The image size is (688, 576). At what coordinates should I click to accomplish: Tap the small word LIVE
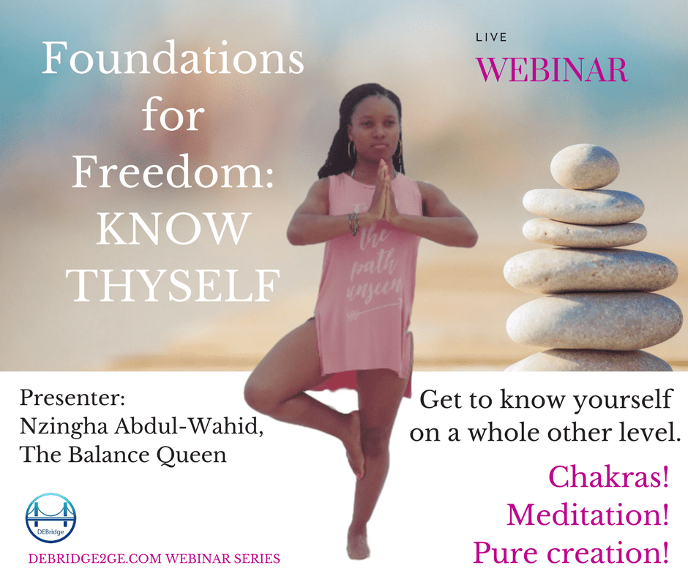pyautogui.click(x=491, y=37)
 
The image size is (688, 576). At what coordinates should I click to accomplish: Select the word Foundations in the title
pyautogui.click(x=173, y=58)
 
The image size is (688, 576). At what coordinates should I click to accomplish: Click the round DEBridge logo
pyautogui.click(x=51, y=518)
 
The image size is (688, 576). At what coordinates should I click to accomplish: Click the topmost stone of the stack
pyautogui.click(x=585, y=167)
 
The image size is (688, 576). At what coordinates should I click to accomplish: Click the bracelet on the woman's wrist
pyautogui.click(x=354, y=221)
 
